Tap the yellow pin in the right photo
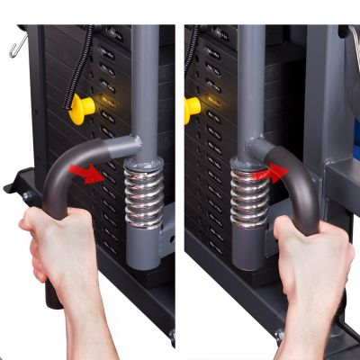[x=192, y=109]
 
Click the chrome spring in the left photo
[x=143, y=198]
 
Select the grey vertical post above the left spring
[x=144, y=81]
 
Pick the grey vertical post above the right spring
[x=251, y=81]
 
